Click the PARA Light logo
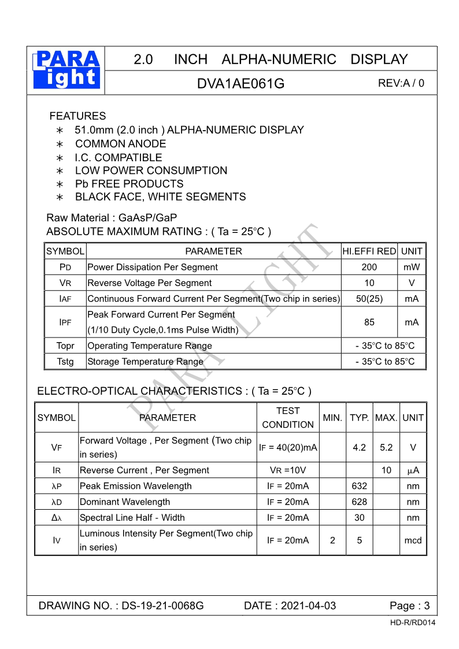[66, 70]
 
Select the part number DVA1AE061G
[240, 83]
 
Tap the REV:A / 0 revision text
[401, 83]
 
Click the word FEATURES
[77, 116]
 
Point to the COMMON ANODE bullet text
[120, 144]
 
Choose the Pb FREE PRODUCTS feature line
[129, 184]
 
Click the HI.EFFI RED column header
[369, 251]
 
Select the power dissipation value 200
[369, 267]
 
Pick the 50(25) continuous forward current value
[369, 299]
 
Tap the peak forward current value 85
[369, 322]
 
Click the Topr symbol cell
[65, 346]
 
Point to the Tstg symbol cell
[65, 362]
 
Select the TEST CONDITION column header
[288, 417]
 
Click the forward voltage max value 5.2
[386, 447]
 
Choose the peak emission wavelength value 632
[359, 486]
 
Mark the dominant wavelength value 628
[359, 502]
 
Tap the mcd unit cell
[413, 540]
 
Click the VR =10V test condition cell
[288, 470]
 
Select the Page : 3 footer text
[410, 606]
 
